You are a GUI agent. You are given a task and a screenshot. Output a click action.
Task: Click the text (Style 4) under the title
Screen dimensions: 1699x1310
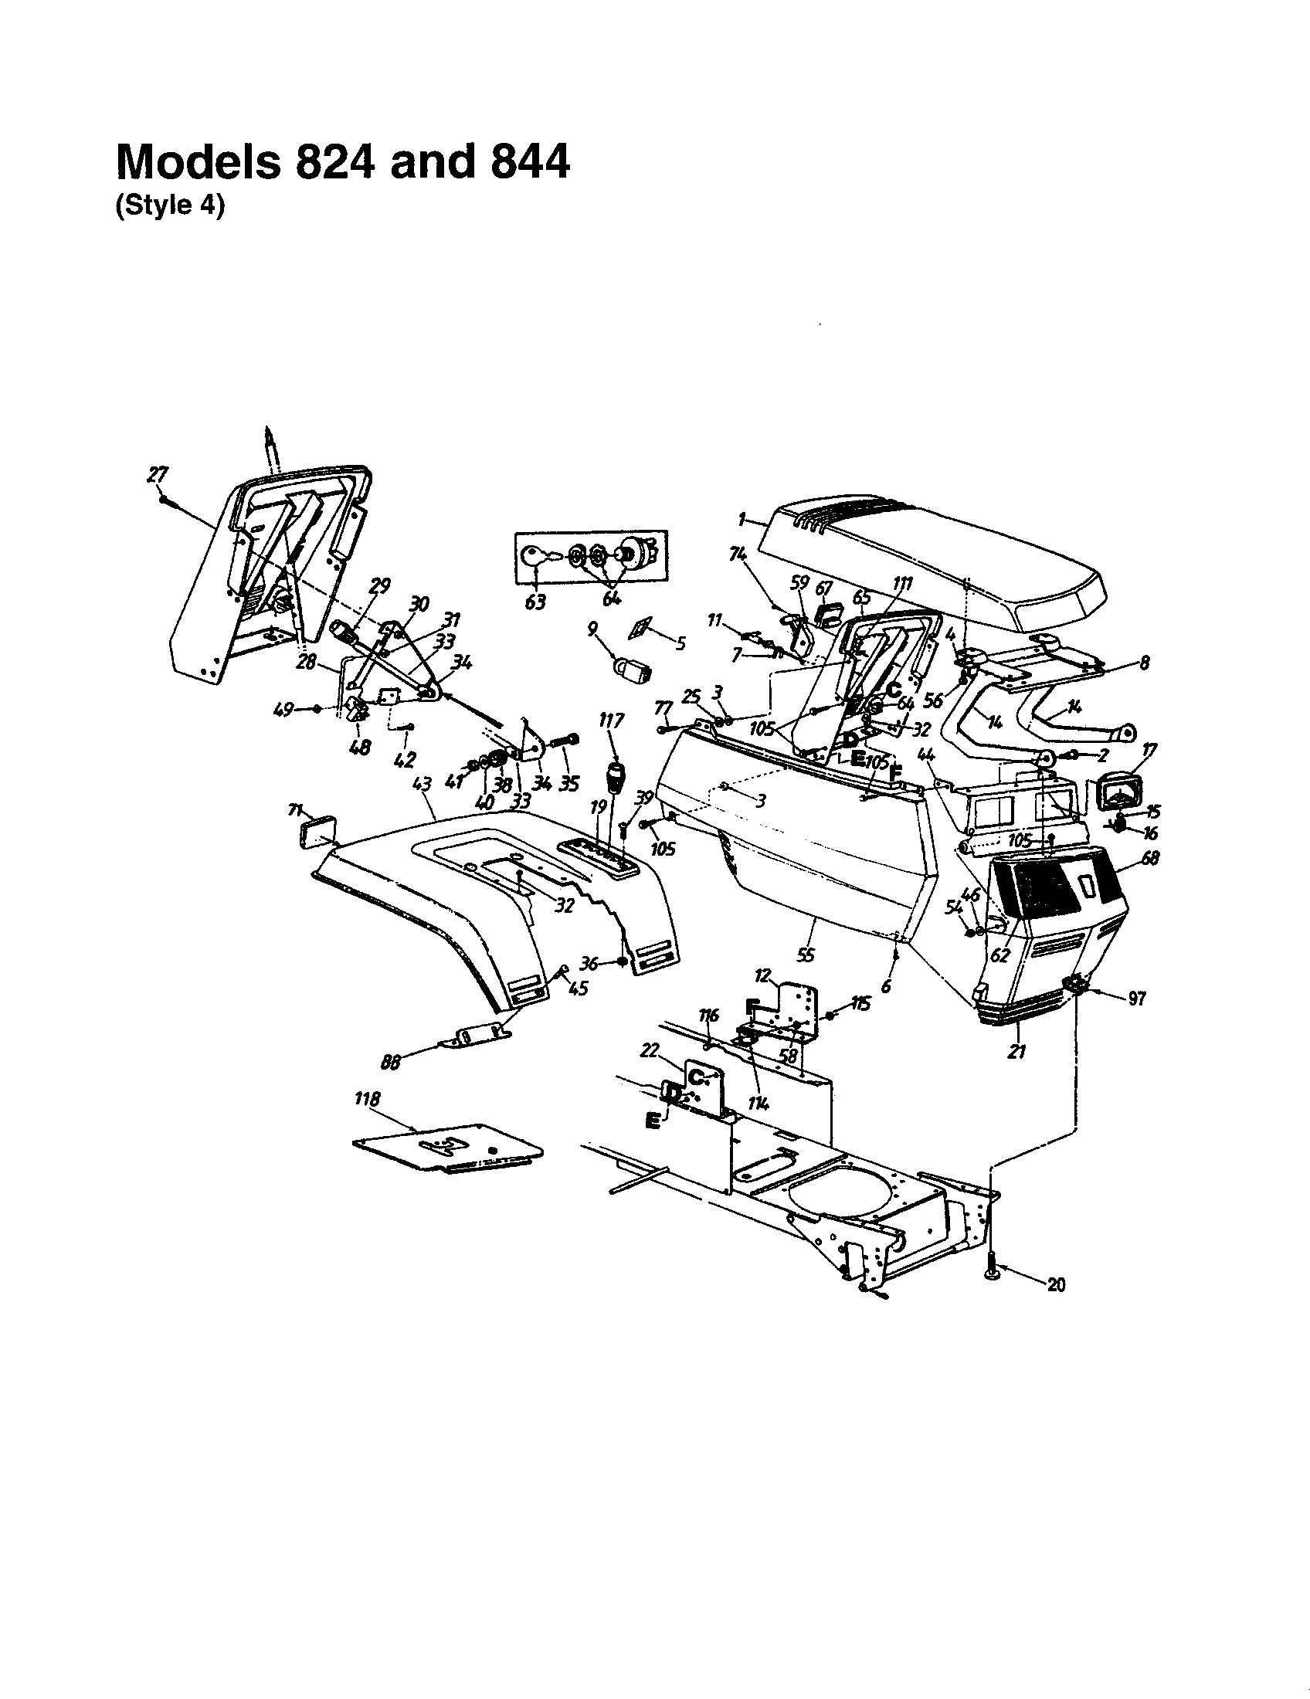click(170, 209)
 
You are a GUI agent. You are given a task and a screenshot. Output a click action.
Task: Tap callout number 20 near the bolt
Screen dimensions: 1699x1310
click(1056, 1285)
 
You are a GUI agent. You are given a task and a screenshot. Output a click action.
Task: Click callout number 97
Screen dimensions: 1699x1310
click(1136, 999)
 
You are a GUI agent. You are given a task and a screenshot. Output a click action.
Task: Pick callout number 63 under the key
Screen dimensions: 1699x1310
click(535, 602)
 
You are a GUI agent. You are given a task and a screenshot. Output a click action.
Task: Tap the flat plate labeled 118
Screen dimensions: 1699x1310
click(447, 1149)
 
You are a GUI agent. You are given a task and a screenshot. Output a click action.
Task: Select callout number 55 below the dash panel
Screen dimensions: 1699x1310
click(806, 954)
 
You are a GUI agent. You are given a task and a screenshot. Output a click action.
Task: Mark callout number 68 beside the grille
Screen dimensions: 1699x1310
click(1151, 858)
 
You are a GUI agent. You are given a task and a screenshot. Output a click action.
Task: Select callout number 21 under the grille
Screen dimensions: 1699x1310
click(1016, 1052)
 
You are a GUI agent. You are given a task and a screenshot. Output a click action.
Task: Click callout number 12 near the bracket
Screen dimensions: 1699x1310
click(762, 975)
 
